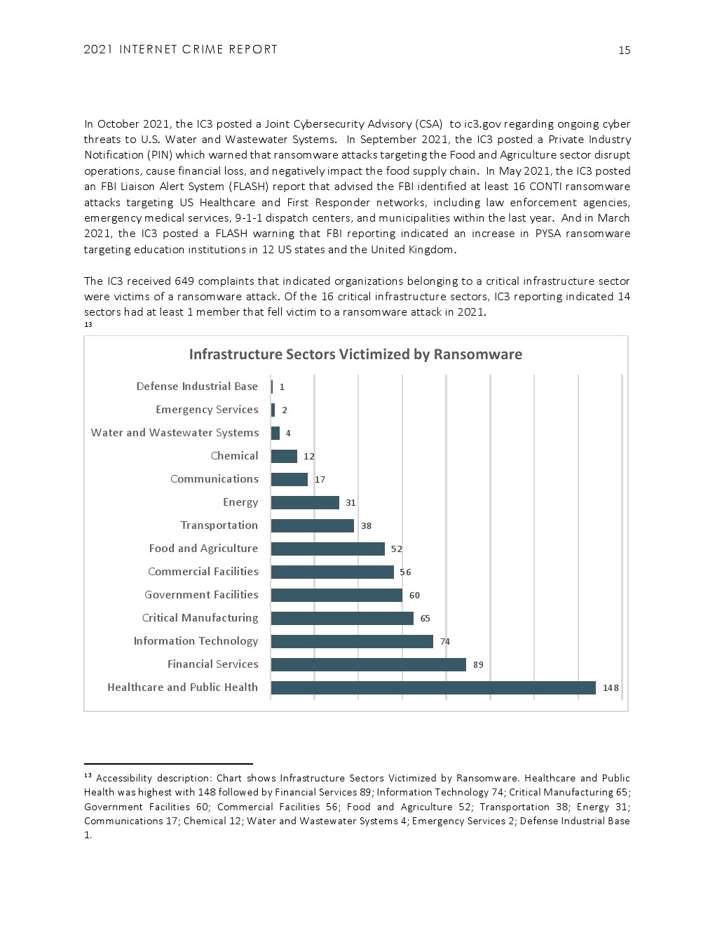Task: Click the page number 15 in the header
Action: [624, 50]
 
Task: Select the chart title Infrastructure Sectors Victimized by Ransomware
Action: [355, 354]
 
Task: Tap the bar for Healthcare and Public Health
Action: [433, 687]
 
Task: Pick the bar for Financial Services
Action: [368, 664]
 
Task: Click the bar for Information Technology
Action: [352, 641]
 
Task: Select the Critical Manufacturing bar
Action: [342, 618]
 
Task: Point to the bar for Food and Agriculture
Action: [327, 549]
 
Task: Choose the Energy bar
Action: [305, 502]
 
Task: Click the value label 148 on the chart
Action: [611, 688]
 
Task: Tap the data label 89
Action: [478, 665]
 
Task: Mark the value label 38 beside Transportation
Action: [366, 526]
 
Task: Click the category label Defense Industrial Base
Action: [197, 387]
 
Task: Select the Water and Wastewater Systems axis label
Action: [175, 433]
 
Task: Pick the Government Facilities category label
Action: [201, 595]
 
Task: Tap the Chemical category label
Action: [234, 456]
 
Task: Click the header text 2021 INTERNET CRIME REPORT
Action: [181, 50]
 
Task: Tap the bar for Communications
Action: [289, 479]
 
